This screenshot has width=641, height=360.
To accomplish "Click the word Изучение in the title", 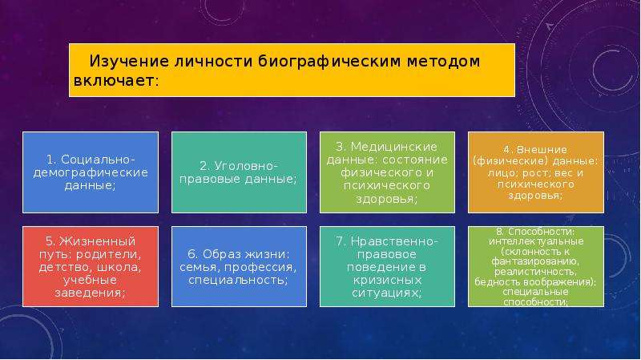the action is [129, 62].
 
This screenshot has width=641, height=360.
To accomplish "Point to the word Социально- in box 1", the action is [98, 159].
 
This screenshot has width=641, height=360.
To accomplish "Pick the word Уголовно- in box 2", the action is [246, 166].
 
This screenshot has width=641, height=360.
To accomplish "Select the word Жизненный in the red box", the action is [97, 241].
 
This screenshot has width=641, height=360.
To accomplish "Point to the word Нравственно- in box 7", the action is [394, 241].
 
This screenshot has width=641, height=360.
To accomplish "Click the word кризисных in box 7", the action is [387, 281].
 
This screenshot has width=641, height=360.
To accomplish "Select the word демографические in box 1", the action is [91, 172].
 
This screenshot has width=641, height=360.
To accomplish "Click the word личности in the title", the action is [213, 62].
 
